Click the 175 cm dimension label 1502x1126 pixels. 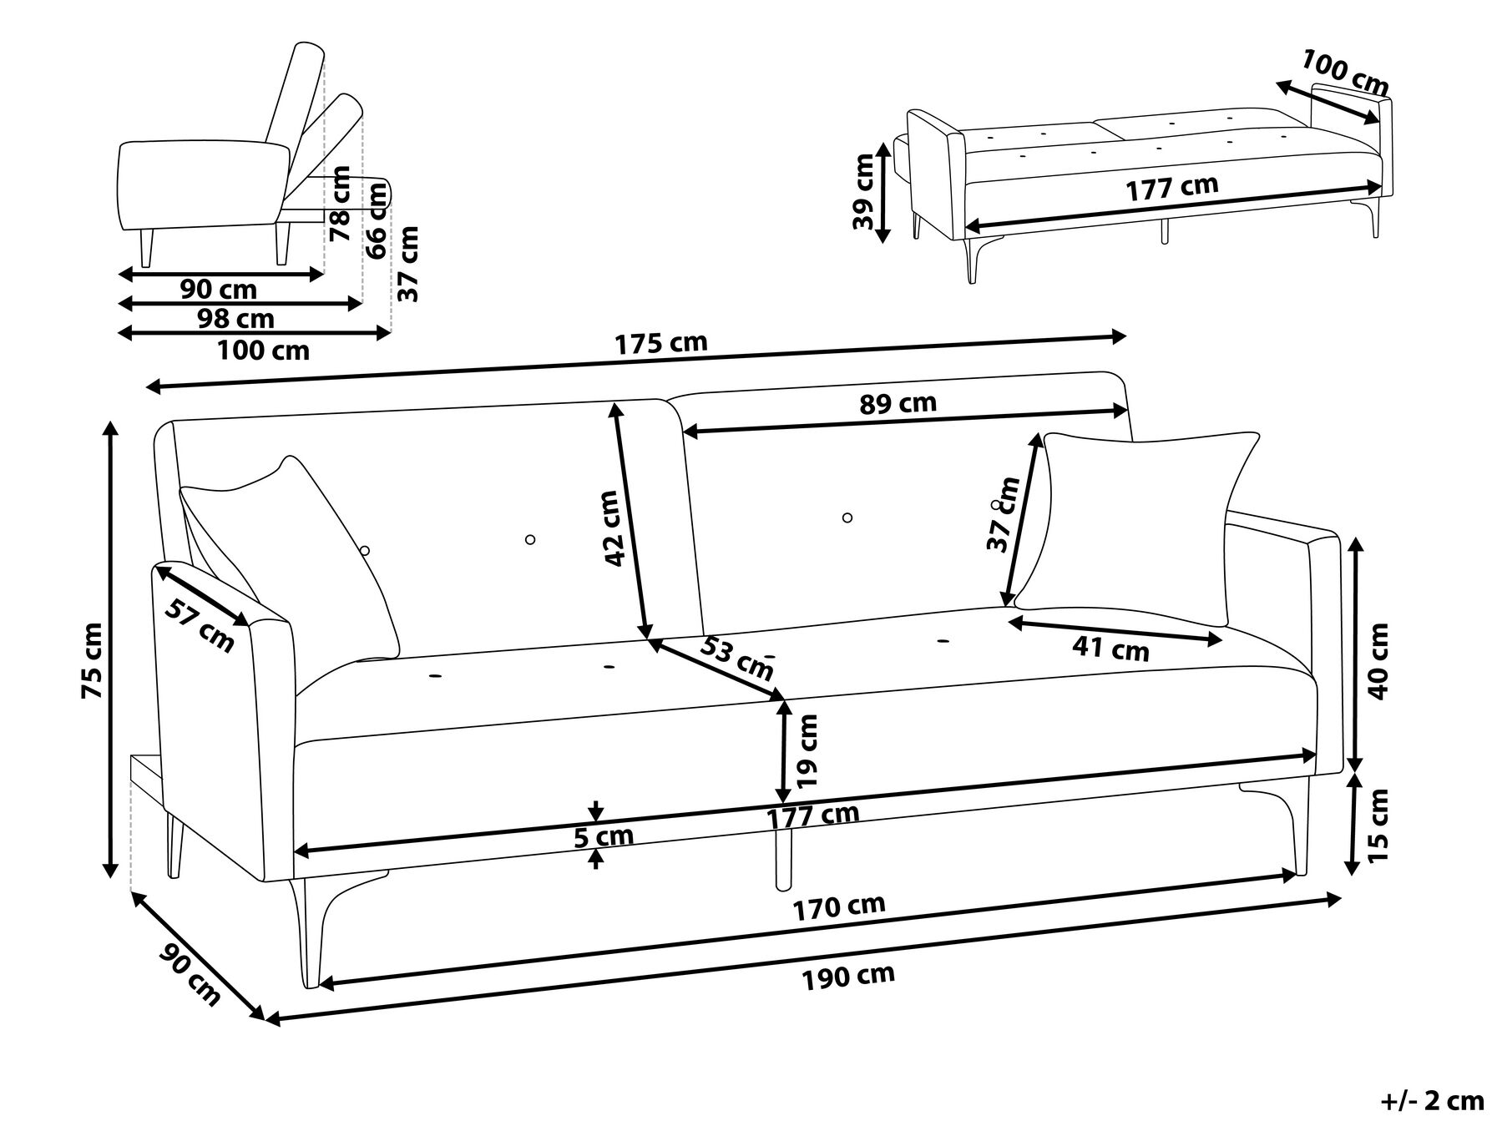(x=661, y=343)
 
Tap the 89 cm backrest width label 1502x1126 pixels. (x=898, y=403)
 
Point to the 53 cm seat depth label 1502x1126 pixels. (x=736, y=657)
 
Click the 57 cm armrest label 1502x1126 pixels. (x=200, y=626)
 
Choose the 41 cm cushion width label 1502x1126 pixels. (x=1110, y=648)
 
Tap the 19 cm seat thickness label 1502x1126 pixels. (x=808, y=751)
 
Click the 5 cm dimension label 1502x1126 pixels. (x=603, y=836)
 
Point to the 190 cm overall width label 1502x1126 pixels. (x=849, y=976)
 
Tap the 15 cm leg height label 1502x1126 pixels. (x=1378, y=825)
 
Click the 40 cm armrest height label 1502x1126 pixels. (x=1378, y=661)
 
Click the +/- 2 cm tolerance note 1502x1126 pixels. (x=1432, y=1101)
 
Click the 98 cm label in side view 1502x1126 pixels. (x=235, y=318)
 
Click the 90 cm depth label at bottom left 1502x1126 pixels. (x=191, y=974)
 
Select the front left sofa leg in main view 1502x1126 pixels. (x=311, y=935)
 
